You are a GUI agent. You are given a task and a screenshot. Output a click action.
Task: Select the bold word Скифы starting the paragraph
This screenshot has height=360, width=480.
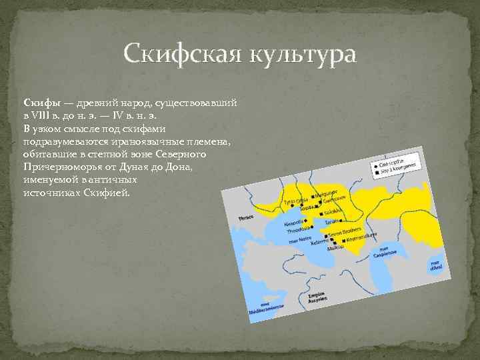tap(38, 103)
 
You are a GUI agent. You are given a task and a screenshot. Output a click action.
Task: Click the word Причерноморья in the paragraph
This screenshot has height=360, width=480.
tap(60, 167)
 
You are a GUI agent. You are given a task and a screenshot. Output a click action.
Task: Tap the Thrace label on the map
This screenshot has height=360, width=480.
tap(246, 218)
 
